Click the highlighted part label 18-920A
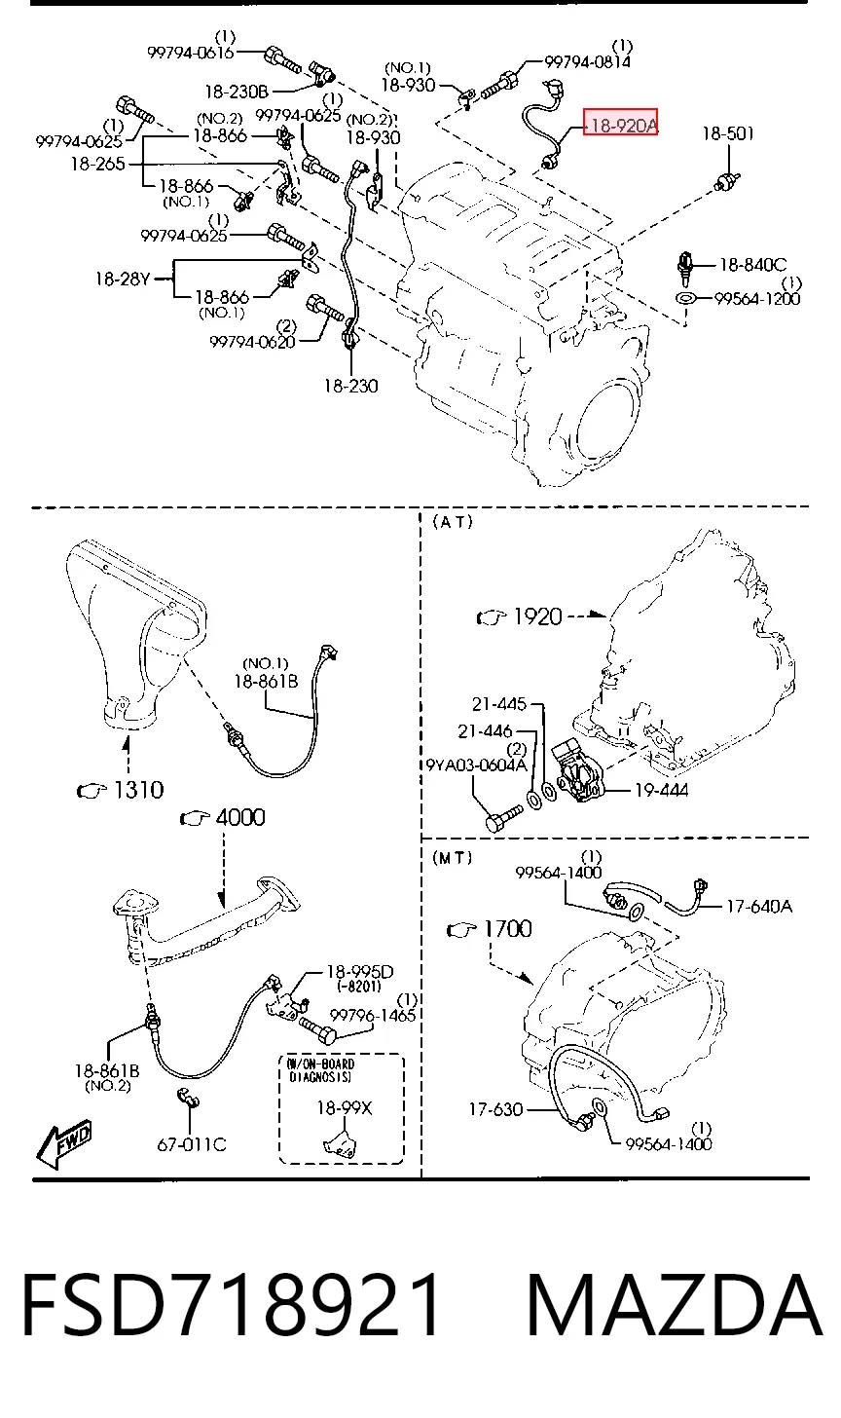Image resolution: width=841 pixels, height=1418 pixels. (621, 126)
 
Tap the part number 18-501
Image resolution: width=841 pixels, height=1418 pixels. (728, 133)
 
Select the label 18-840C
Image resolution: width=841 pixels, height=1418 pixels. (752, 264)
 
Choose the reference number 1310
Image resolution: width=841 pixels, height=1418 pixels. (138, 790)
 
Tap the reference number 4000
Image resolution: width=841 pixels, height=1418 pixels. (240, 817)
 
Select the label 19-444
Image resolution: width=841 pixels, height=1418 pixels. (661, 790)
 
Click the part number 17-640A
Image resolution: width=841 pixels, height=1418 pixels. (758, 907)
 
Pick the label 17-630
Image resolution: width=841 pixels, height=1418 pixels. (495, 1109)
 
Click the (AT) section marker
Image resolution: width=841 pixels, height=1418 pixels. (453, 522)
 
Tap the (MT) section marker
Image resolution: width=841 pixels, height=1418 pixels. (453, 858)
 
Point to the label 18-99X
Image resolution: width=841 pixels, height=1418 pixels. (345, 1107)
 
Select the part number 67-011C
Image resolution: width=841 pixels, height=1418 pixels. (191, 1144)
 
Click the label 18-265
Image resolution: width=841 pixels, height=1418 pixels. (97, 164)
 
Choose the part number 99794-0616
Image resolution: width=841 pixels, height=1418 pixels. (191, 53)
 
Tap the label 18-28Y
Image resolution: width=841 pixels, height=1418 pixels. (123, 279)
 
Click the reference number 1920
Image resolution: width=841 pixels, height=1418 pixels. (537, 616)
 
